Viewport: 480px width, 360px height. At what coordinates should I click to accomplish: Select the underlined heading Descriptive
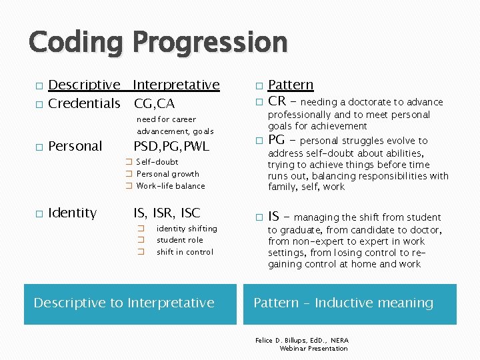point(85,85)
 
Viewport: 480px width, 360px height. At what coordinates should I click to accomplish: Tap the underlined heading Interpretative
point(176,85)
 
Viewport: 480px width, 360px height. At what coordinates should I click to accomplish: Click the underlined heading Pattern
point(291,85)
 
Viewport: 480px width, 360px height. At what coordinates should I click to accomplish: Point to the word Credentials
point(85,103)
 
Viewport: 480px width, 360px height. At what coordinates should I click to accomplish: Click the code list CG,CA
point(154,103)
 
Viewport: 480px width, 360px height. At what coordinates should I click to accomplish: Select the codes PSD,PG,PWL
point(171,146)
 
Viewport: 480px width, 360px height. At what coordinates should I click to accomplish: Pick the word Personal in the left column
point(76,146)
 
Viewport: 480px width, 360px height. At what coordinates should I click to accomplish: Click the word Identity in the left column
point(73,213)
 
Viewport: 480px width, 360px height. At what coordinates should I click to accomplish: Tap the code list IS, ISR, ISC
point(167,213)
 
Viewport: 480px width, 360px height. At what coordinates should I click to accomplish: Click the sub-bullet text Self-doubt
point(157,162)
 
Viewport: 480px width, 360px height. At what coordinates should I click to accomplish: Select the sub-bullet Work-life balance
point(171,186)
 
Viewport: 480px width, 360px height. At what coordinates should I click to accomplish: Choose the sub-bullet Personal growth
point(168,174)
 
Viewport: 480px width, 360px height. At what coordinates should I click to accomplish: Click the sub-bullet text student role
point(180,240)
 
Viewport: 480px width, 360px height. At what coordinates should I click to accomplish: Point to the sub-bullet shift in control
point(185,252)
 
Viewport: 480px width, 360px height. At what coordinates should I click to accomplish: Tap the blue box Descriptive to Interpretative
point(130,303)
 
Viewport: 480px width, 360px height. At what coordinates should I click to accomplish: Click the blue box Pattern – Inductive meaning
point(350,303)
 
